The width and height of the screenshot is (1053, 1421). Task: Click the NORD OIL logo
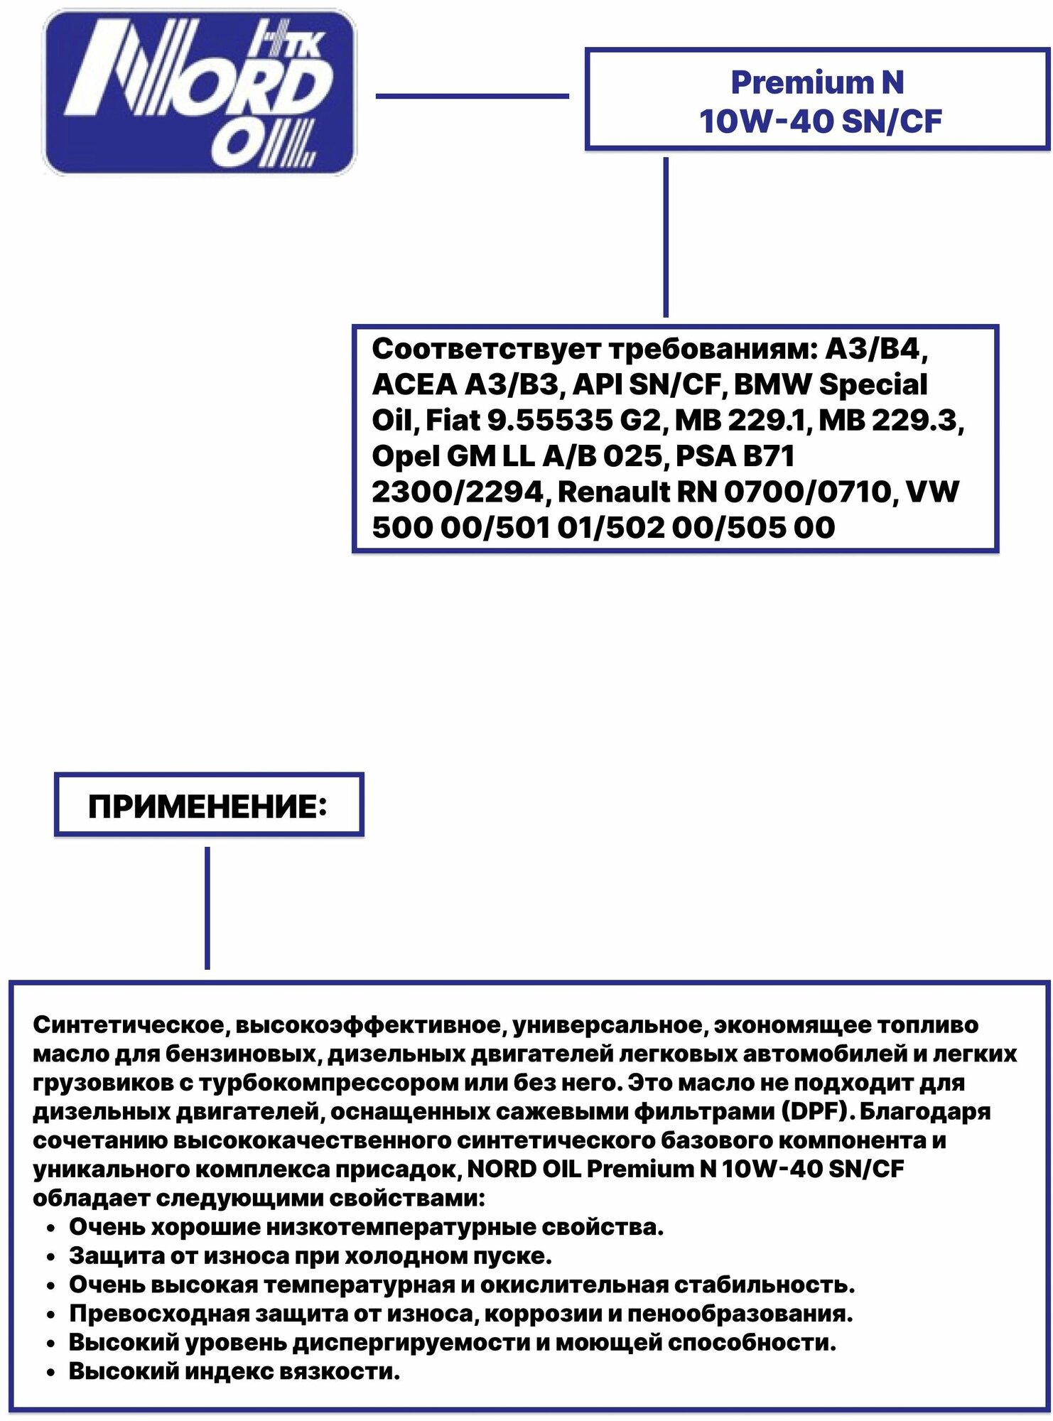pyautogui.click(x=200, y=92)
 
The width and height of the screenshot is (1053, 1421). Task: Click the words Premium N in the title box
pyautogui.click(x=817, y=82)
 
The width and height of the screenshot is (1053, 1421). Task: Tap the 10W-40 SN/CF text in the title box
pyautogui.click(x=820, y=121)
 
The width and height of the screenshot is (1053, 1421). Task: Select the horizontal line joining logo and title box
pyautogui.click(x=472, y=96)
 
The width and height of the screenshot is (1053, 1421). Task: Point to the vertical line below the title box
pyautogui.click(x=666, y=237)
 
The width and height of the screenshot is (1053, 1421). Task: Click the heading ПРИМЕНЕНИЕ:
pyautogui.click(x=208, y=807)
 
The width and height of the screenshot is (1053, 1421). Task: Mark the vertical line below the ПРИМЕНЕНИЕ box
pyautogui.click(x=207, y=908)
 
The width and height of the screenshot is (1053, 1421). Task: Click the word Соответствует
pyautogui.click(x=487, y=350)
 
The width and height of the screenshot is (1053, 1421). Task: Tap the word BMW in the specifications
pyautogui.click(x=772, y=385)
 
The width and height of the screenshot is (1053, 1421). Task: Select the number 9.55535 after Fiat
pyautogui.click(x=550, y=421)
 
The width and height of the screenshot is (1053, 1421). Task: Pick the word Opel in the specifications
pyautogui.click(x=406, y=456)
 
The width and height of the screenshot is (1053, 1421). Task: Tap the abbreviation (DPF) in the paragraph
pyautogui.click(x=818, y=1111)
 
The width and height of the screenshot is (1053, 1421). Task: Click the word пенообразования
pyautogui.click(x=740, y=1314)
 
